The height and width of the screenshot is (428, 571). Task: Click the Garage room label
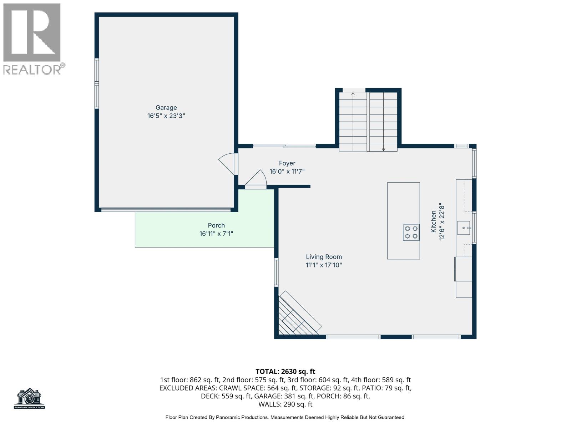pos(166,108)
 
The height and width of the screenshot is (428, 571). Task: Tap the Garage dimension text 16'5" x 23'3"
pos(166,116)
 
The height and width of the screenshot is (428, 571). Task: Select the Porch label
pos(216,225)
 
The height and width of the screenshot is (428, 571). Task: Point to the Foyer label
pos(287,163)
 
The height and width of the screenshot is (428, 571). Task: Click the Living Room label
pos(324,257)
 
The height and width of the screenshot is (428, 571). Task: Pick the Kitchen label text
pos(433,221)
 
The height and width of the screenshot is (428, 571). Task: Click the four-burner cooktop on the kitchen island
pos(411,232)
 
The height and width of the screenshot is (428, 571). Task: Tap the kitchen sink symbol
pos(464,228)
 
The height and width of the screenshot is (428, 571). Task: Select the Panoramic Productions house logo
pos(29,398)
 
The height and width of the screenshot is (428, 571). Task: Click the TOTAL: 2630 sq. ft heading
pos(285,372)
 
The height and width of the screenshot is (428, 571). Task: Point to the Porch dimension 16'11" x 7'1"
pos(216,234)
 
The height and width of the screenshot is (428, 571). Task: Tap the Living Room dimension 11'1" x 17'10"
pos(324,265)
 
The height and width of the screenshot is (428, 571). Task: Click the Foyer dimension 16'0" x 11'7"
pos(287,172)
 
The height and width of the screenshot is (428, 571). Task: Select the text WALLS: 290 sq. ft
pos(285,404)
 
